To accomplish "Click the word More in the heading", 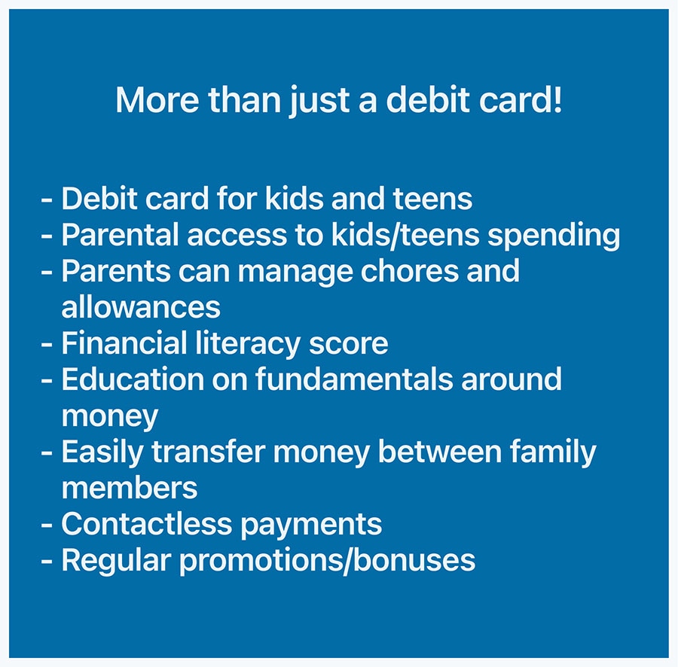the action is [157, 100].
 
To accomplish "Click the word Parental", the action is [121, 235].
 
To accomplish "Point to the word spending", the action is [554, 236].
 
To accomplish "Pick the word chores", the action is [410, 271].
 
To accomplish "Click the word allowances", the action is [141, 307].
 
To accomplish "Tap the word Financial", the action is [124, 343].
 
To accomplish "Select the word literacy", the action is [248, 345].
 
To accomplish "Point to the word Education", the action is [133, 379].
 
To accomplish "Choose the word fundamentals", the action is [354, 379].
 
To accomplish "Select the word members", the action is [130, 488].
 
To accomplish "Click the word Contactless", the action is [147, 524].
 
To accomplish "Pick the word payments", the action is [311, 525].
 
